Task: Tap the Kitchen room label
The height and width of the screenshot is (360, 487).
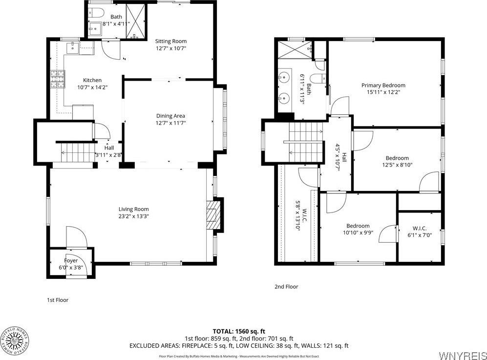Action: click(92, 81)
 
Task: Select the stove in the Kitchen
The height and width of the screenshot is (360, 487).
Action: click(57, 79)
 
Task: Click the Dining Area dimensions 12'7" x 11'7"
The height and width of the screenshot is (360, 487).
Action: click(170, 123)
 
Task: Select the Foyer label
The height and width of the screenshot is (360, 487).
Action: click(71, 260)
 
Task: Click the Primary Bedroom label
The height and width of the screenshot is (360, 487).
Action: click(383, 85)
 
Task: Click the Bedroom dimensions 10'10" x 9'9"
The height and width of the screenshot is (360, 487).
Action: click(358, 233)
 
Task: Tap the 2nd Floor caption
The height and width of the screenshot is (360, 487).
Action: click(286, 287)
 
